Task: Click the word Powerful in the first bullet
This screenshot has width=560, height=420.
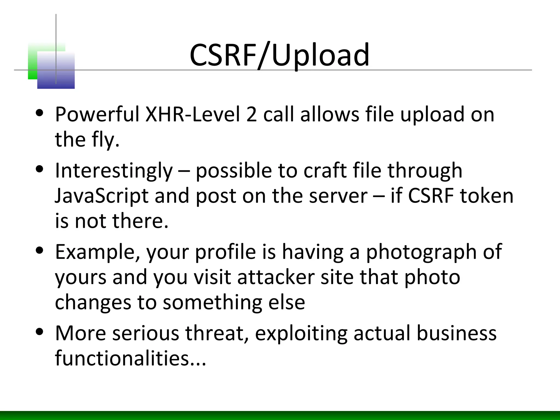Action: click(97, 114)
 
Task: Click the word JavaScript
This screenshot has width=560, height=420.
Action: click(101, 196)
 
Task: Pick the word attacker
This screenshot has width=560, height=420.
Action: click(276, 277)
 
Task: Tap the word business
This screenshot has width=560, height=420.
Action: click(456, 333)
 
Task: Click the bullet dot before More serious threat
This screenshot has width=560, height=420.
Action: click(40, 332)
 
